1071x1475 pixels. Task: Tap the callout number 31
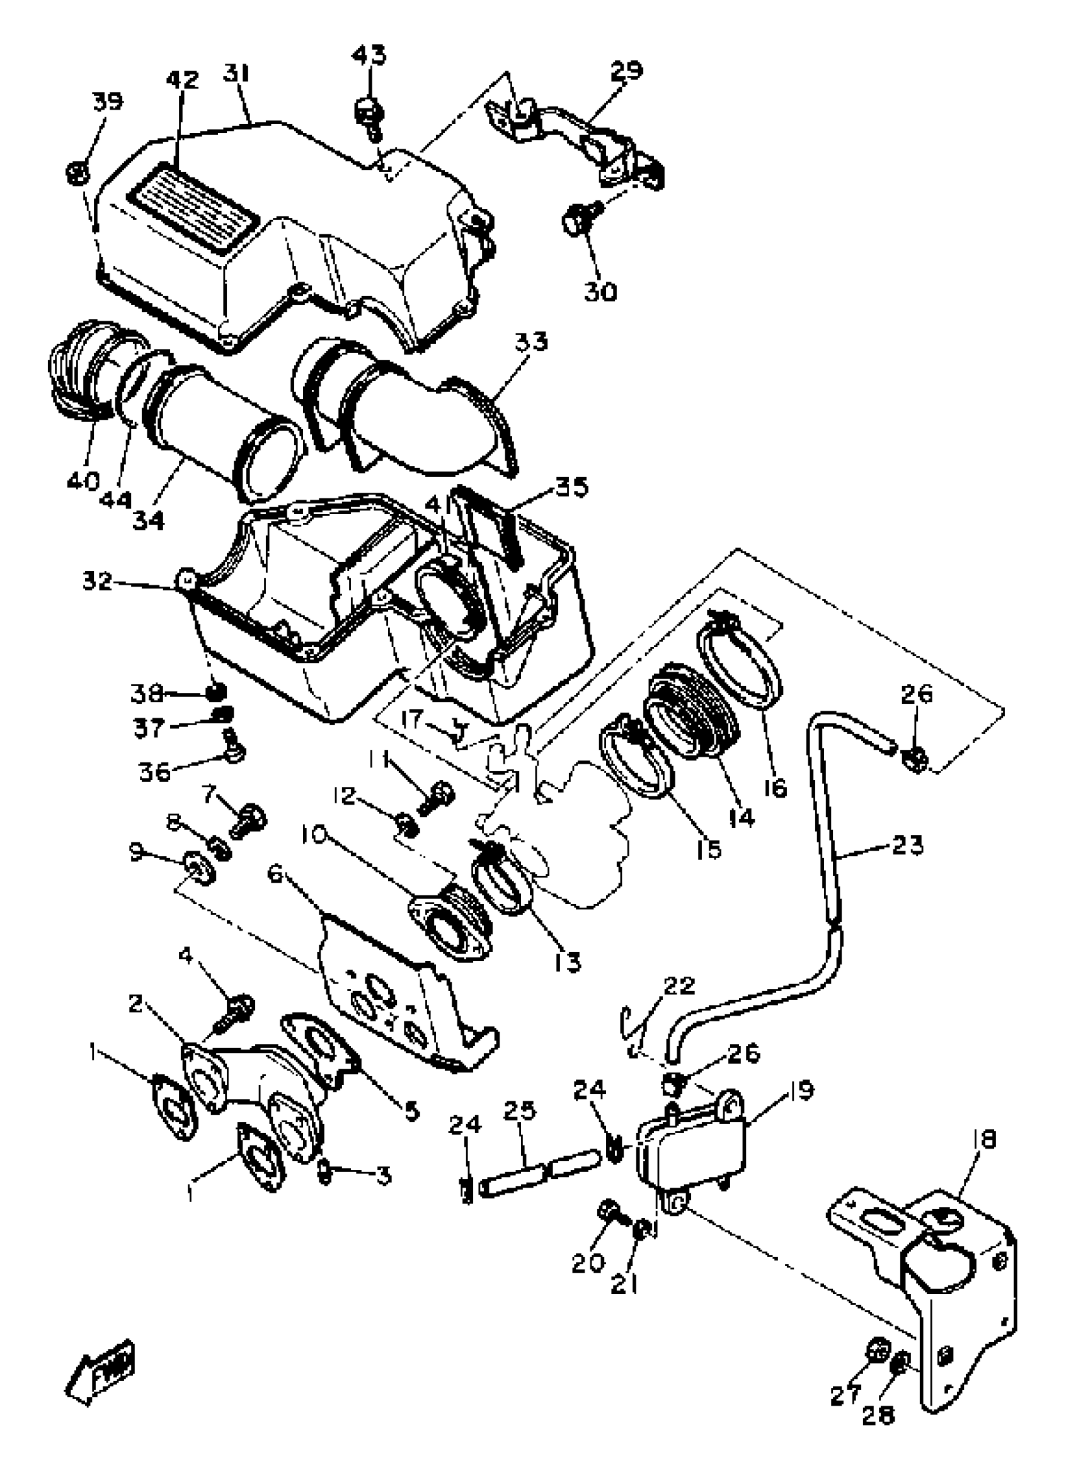point(237,73)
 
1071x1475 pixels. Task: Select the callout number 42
point(182,80)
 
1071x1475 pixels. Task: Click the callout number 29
point(627,70)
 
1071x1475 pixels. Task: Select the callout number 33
point(532,341)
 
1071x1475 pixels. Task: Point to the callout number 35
point(571,487)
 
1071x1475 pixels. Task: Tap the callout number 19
point(801,1090)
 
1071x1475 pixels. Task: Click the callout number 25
point(520,1110)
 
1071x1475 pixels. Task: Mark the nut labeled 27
point(878,1352)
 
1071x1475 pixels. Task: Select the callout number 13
point(568,963)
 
